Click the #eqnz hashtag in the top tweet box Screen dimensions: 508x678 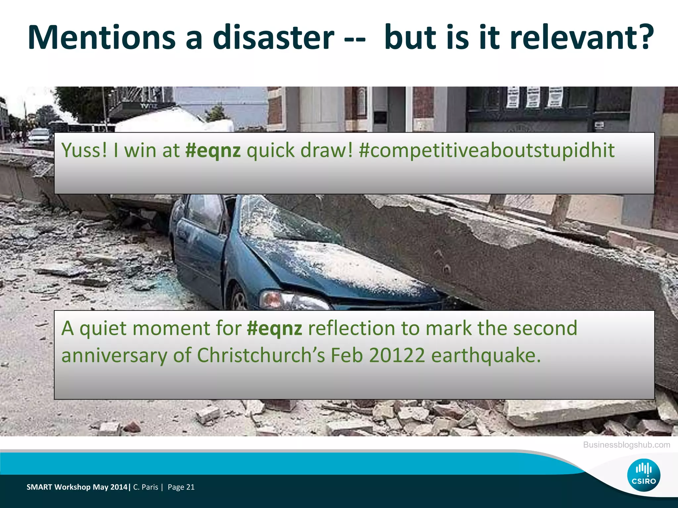(213, 151)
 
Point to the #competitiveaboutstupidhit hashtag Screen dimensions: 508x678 (487, 151)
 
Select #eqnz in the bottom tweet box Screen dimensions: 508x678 (274, 329)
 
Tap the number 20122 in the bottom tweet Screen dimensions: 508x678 (397, 356)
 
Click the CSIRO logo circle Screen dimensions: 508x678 (644, 475)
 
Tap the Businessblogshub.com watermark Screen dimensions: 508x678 (626, 445)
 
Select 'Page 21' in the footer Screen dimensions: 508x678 (181, 487)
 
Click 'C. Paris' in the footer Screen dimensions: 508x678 (146, 487)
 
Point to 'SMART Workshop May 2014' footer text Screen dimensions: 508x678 (77, 487)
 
